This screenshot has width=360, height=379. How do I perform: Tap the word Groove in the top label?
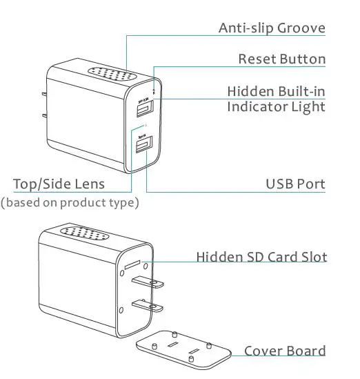tap(301, 28)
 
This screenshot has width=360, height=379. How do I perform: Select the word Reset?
tap(257, 59)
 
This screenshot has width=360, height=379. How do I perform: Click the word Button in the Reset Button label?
tap(303, 59)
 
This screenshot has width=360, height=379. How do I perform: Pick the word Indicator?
tap(259, 107)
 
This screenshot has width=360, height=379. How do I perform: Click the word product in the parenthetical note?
tap(86, 203)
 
